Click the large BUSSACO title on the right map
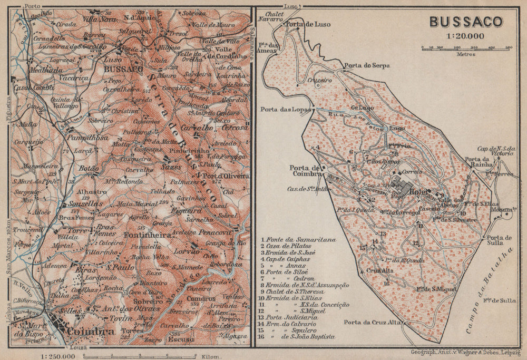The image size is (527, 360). [465, 22]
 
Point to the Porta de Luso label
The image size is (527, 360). [308, 23]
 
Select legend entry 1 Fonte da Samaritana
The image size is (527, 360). [298, 239]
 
